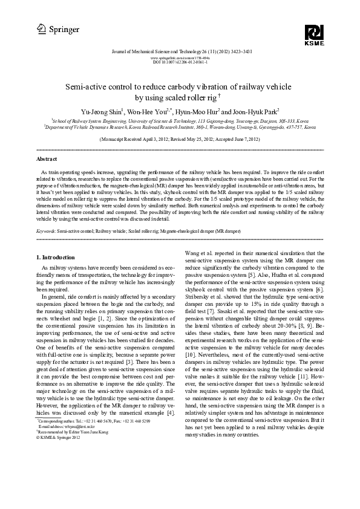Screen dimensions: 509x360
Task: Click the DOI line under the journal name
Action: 180,62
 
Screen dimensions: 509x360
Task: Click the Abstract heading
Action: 47,159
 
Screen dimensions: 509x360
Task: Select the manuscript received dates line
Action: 180,138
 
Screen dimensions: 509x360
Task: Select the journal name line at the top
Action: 180,53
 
